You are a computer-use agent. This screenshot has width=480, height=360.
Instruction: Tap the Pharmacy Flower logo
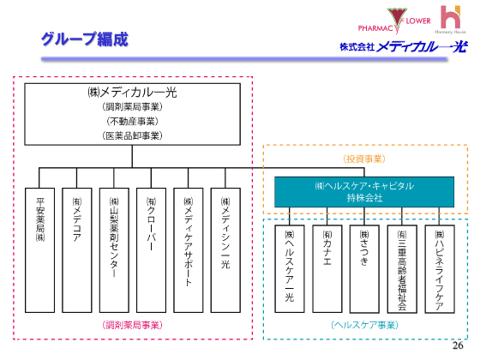tap(396, 18)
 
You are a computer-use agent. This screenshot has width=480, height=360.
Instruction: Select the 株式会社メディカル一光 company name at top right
tap(403, 46)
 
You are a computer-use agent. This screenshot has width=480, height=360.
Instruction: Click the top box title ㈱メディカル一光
tap(132, 92)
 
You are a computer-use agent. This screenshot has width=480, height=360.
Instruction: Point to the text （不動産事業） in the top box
tap(132, 121)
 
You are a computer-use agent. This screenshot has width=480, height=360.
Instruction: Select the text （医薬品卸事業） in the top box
tap(132, 135)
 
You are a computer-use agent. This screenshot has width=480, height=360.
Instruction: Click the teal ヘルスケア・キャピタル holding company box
tap(364, 191)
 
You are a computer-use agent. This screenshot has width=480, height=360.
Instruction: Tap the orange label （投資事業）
tap(363, 159)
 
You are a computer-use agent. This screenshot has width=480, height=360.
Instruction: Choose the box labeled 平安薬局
tap(39, 249)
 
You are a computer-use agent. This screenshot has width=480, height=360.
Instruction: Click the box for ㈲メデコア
tap(76, 249)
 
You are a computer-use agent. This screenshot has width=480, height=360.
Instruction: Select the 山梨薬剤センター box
tap(114, 249)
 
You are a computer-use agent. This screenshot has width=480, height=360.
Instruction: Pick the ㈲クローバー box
tap(151, 249)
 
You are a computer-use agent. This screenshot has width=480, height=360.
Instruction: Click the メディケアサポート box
tap(188, 249)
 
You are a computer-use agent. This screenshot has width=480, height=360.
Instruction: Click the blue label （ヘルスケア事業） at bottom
tap(364, 325)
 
